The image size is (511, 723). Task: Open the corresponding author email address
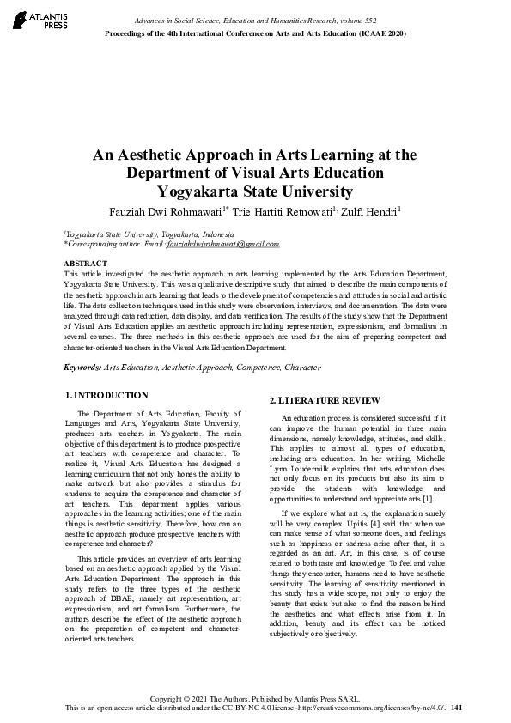[x=222, y=244]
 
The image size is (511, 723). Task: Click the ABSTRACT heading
[x=86, y=263]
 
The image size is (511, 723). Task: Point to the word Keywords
[x=82, y=368]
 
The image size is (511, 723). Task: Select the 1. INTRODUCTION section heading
[x=106, y=396]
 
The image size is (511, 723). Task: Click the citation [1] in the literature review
[x=429, y=475]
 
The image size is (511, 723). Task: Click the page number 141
[x=456, y=708]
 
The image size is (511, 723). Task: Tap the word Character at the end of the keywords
[x=301, y=368]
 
